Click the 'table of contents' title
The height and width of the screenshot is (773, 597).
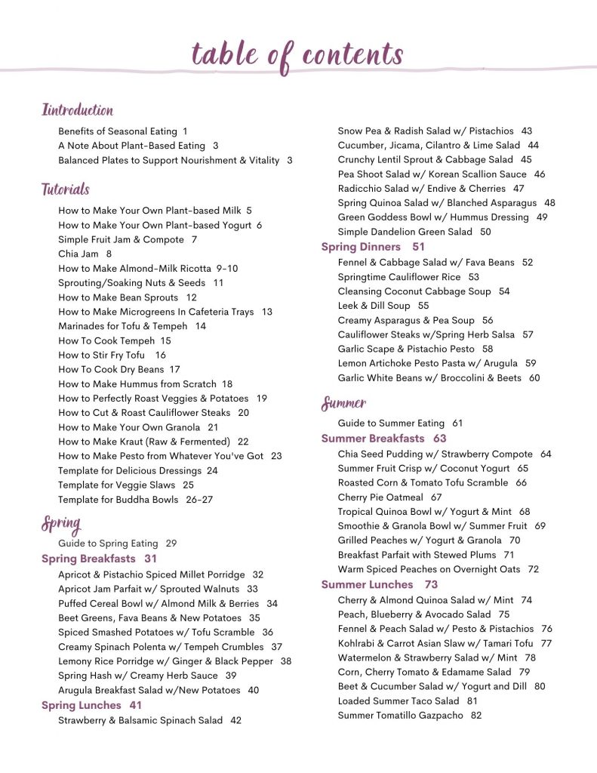[297, 54]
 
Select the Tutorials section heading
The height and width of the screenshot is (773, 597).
[66, 189]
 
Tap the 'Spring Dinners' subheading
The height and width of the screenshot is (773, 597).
[361, 247]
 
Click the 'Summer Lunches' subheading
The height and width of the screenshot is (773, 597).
[367, 584]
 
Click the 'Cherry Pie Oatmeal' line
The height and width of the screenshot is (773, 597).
[379, 497]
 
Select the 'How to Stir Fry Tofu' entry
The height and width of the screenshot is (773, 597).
[101, 355]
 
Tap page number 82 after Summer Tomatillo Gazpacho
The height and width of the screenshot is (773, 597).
[475, 716]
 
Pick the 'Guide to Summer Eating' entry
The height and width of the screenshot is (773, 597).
[390, 423]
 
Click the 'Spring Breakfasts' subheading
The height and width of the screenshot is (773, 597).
[88, 559]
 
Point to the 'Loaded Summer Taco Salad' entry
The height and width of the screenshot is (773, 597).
[398, 701]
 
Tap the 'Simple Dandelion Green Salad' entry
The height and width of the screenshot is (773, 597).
[404, 233]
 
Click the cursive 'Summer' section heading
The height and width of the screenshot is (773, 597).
[344, 404]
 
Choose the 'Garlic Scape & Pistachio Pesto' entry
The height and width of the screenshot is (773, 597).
[405, 350]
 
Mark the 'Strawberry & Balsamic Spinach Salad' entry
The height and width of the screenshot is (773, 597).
[140, 721]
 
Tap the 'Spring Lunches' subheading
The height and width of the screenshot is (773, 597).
[81, 705]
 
